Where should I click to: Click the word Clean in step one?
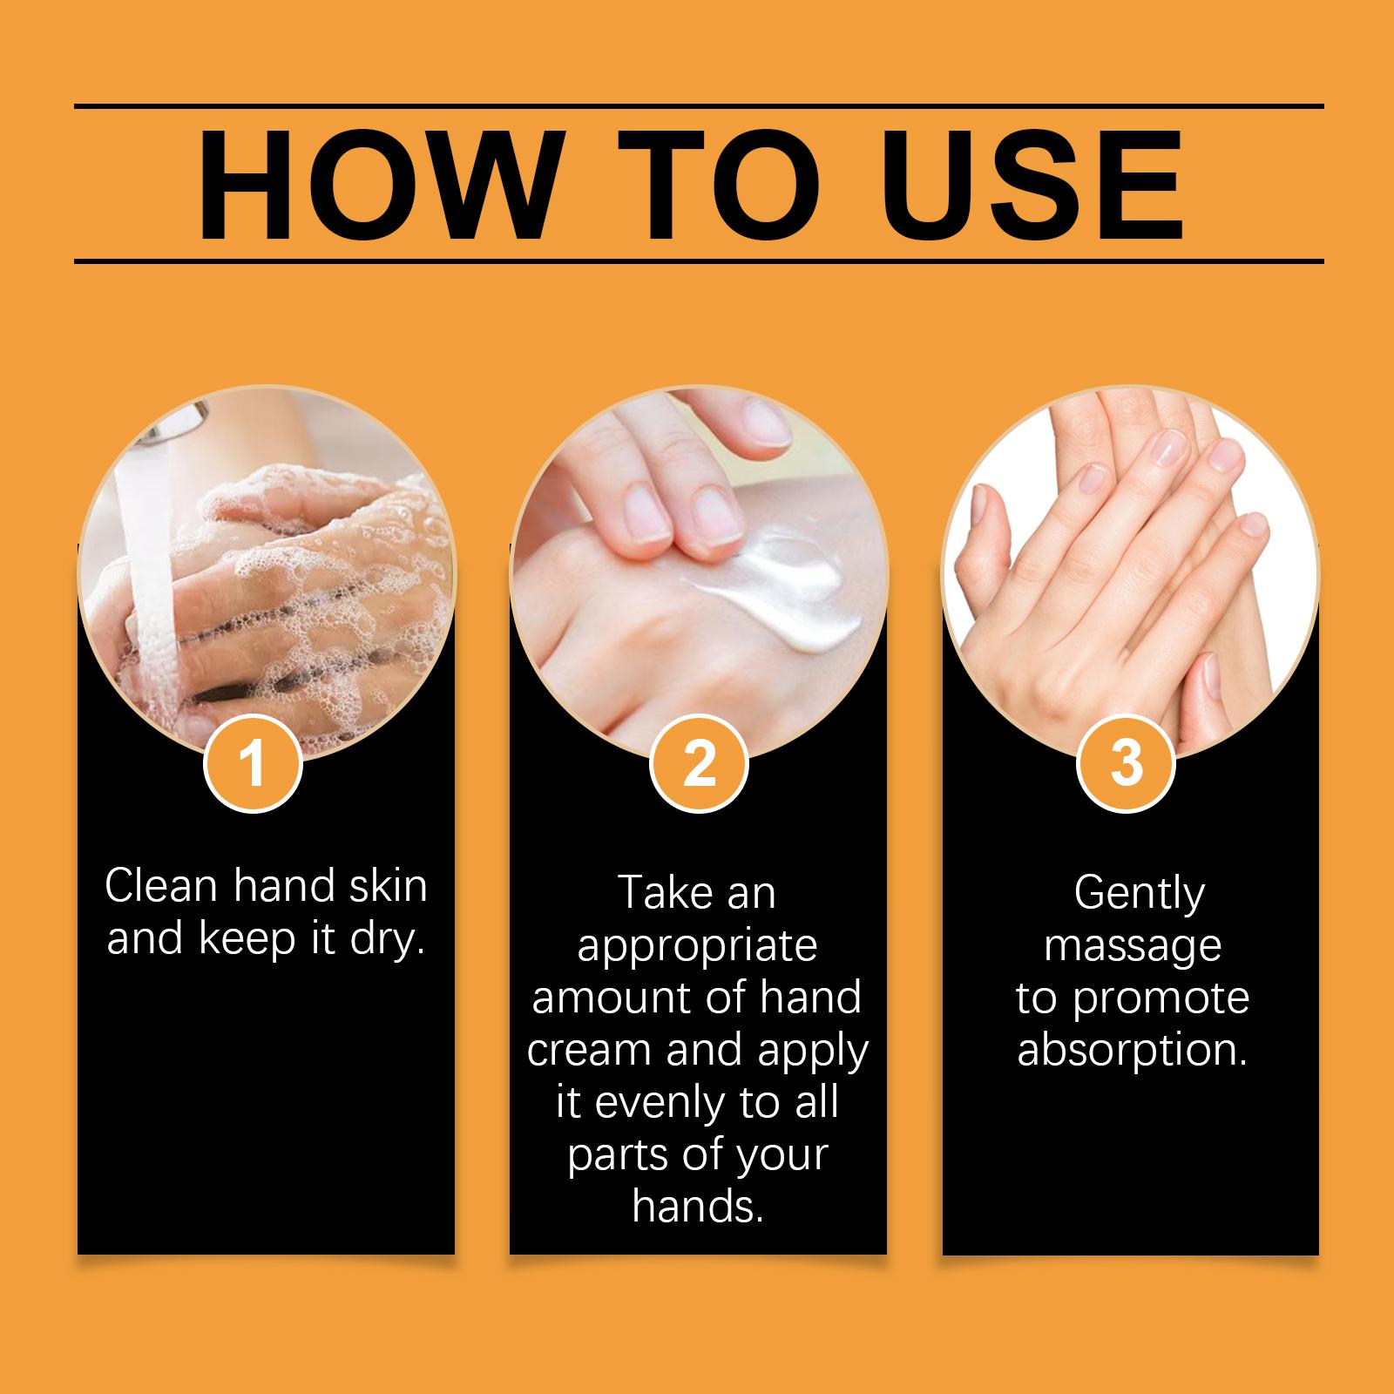tap(161, 886)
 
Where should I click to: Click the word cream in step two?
tap(591, 1051)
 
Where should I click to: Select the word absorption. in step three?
tap(1133, 1050)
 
